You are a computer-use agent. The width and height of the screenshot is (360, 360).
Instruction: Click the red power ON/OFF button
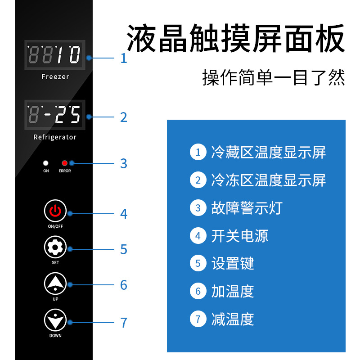pyautogui.click(x=55, y=210)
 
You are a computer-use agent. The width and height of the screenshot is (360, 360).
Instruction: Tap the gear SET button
pyautogui.click(x=55, y=247)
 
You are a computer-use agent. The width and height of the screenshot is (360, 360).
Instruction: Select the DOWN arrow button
pyautogui.click(x=55, y=320)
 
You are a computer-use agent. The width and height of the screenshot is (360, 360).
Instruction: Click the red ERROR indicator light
pyautogui.click(x=64, y=163)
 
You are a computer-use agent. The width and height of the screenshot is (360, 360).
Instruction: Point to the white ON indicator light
pyautogui.click(x=45, y=163)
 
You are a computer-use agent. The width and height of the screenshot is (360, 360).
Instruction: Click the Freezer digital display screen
pyautogui.click(x=54, y=55)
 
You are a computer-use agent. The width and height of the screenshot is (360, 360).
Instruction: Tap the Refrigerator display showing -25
pyautogui.click(x=54, y=115)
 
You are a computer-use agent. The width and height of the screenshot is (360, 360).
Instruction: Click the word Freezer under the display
pyautogui.click(x=55, y=77)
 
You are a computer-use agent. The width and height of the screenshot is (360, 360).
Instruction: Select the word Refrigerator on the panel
pyautogui.click(x=55, y=137)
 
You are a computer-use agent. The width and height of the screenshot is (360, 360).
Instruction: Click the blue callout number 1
pyautogui.click(x=124, y=58)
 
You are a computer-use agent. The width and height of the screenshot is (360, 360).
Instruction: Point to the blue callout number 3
pyautogui.click(x=124, y=163)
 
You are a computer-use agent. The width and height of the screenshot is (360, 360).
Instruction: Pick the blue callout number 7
pyautogui.click(x=124, y=323)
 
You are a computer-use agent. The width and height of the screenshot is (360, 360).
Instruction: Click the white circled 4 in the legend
pyautogui.click(x=198, y=236)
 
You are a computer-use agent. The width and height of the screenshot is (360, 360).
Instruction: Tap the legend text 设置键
pyautogui.click(x=233, y=264)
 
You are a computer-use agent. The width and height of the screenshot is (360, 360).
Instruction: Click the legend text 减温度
pyautogui.click(x=233, y=319)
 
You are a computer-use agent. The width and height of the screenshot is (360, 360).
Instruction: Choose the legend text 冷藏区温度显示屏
pyautogui.click(x=268, y=153)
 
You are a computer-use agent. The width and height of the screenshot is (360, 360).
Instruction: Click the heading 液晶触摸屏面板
pyautogui.click(x=236, y=39)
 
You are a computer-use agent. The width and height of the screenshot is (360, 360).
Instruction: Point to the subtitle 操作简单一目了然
pyautogui.click(x=274, y=78)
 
